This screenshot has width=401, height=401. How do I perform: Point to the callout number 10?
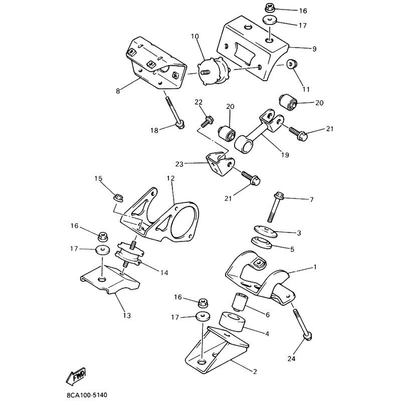pyautogui.click(x=194, y=36)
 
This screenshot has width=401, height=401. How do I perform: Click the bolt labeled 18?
pyautogui.click(x=173, y=112)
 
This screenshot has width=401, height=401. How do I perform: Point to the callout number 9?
pyautogui.click(x=314, y=49)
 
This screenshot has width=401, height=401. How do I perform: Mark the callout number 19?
pyautogui.click(x=285, y=155)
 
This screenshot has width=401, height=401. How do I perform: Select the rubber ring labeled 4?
pyautogui.click(x=232, y=322)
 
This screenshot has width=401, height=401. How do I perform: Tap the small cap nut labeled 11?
pyautogui.click(x=290, y=65)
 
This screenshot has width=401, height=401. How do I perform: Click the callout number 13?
pyautogui.click(x=126, y=315)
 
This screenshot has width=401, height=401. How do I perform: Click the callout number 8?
pyautogui.click(x=118, y=91)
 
